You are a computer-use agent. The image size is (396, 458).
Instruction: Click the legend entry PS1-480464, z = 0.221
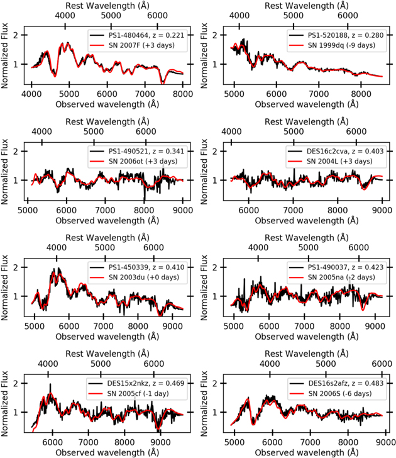pos(146,35)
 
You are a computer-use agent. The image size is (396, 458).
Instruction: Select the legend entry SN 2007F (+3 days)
pos(141,45)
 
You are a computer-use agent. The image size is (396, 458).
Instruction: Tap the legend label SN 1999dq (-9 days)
pos(341,45)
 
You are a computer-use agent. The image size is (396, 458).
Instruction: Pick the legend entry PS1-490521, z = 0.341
pos(146,151)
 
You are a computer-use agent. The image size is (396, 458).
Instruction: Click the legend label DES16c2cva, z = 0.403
pos(345,151)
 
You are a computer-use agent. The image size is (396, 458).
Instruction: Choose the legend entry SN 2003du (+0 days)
pos(144,277)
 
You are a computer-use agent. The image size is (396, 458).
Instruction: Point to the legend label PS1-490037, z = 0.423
pos(346,267)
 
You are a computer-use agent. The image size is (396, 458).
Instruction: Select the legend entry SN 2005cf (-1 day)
pos(138,393)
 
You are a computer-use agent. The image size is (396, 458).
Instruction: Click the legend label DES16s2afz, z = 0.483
pos(346,383)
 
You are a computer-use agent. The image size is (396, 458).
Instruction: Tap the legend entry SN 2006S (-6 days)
pos(340,393)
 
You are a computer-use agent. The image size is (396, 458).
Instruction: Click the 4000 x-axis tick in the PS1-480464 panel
pos(31,94)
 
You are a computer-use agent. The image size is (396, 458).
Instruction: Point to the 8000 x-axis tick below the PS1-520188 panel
pos(361,94)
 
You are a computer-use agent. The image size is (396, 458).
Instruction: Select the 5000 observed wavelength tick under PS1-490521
pos(28,210)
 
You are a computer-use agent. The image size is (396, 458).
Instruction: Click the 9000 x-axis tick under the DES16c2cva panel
pos(382,210)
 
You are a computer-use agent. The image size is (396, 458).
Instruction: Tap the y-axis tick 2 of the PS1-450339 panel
pos(16,267)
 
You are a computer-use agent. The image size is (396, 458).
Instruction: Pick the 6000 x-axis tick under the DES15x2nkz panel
pos(53,442)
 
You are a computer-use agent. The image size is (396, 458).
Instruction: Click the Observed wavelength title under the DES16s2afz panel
pos(306,452)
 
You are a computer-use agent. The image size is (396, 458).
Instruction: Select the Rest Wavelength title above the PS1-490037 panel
pos(306,238)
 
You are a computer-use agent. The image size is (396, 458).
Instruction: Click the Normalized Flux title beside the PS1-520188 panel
pos(204,55)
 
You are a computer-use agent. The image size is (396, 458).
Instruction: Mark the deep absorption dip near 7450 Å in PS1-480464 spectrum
pos(162,82)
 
